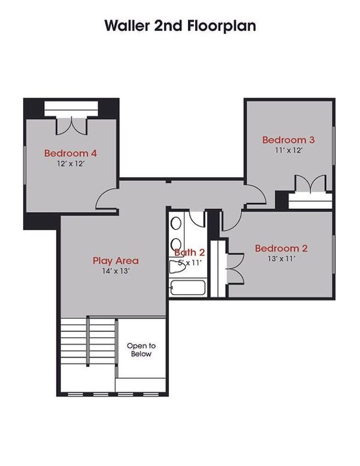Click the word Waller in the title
[x=128, y=26]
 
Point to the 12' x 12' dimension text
[x=70, y=164]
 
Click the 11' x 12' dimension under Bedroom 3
[x=288, y=151]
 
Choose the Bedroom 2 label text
[x=281, y=249]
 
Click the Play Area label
[x=115, y=261]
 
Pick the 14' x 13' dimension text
[x=115, y=271]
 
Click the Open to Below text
[x=141, y=349]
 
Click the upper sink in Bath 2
[x=175, y=223]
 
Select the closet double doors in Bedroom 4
[x=72, y=125]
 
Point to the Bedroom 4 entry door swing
[x=107, y=198]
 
